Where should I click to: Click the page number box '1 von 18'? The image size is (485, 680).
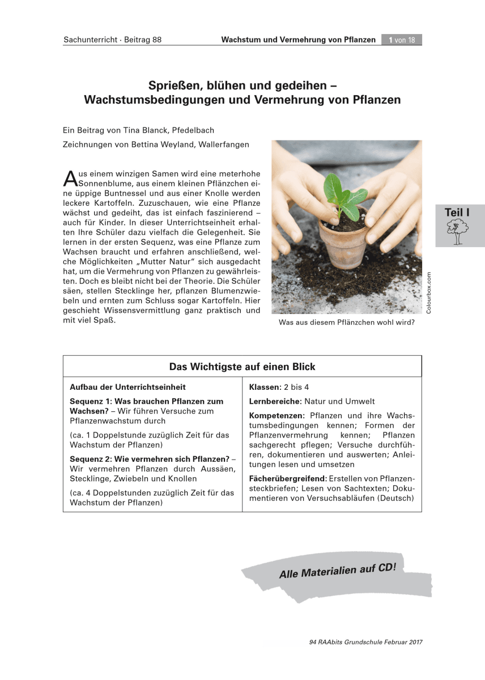point(402,40)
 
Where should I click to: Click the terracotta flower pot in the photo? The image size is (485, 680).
point(340,243)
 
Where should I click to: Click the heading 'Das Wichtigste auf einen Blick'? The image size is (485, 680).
point(242,367)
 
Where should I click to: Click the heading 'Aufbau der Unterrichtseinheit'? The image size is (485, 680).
point(127,387)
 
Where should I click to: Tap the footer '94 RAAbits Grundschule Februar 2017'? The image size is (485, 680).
point(366,642)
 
